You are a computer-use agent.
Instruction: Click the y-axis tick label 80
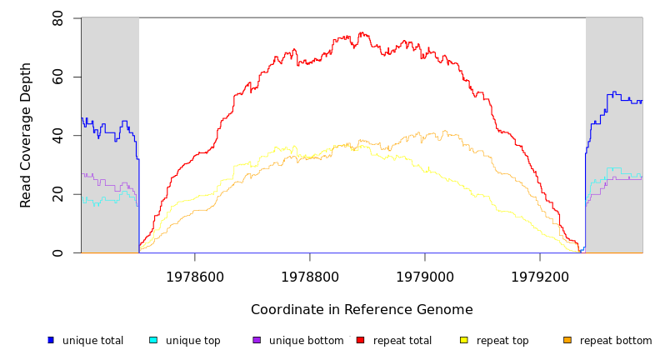click(57, 18)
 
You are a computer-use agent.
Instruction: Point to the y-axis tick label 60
click(57, 77)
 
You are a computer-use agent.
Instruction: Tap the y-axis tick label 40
click(57, 136)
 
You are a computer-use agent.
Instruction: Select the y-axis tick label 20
click(57, 194)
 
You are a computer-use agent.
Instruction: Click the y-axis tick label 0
click(57, 253)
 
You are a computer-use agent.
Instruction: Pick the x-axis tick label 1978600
click(195, 277)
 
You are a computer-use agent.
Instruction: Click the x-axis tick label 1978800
click(310, 277)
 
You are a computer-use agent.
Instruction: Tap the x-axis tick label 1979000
click(425, 277)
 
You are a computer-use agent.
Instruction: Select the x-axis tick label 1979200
click(540, 277)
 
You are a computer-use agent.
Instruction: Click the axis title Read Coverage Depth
click(27, 135)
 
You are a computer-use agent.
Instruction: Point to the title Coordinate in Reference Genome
click(362, 310)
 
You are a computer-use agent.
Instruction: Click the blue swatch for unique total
click(51, 340)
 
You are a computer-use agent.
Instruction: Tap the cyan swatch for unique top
click(153, 340)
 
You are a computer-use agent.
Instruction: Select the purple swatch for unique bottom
click(257, 340)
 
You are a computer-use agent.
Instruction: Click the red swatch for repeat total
click(360, 340)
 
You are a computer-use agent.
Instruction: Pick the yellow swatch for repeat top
click(464, 340)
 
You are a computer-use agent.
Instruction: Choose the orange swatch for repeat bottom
click(567, 340)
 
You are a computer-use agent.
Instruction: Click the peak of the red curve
click(361, 33)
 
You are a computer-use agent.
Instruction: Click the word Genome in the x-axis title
click(445, 310)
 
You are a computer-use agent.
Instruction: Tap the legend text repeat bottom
click(616, 341)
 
